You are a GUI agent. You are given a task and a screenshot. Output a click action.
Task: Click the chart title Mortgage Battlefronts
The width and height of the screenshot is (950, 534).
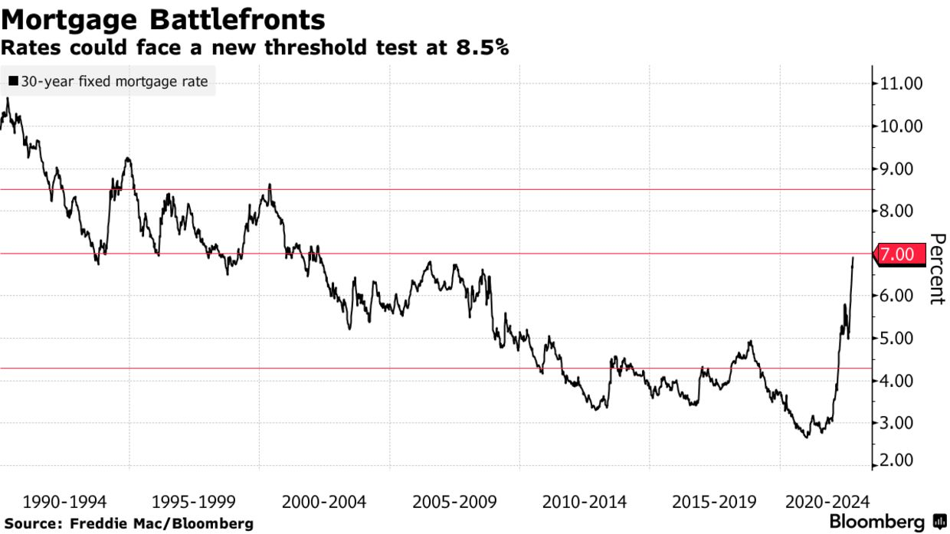click(x=162, y=18)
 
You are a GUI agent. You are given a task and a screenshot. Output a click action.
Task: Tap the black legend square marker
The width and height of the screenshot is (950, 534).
click(x=14, y=81)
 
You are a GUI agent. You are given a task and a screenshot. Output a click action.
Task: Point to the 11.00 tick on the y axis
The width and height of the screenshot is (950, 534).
click(x=902, y=84)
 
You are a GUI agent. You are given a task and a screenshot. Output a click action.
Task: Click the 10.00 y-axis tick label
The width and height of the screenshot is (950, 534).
click(x=902, y=126)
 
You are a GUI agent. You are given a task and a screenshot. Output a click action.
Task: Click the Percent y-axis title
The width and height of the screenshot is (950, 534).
click(x=936, y=269)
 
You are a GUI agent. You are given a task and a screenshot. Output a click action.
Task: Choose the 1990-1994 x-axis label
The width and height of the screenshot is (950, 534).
click(x=65, y=503)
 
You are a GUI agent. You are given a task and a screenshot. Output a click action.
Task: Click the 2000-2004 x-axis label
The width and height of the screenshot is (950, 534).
click(x=324, y=503)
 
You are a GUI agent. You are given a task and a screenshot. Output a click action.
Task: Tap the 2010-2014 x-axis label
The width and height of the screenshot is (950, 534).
click(x=585, y=503)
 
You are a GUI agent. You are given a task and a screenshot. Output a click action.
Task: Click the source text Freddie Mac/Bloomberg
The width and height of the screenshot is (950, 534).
click(x=161, y=524)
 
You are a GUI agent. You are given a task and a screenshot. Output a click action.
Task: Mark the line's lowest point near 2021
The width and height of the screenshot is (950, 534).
click(x=806, y=437)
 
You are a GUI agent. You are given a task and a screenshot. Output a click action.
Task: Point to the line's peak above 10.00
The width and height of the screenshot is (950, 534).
click(x=8, y=99)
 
